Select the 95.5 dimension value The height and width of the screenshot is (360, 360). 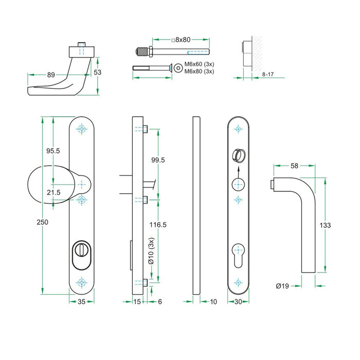pos(53,151)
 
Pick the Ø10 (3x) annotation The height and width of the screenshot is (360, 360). pos(151,252)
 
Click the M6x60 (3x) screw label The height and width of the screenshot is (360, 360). pos(199,63)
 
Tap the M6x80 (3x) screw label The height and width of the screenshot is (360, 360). pos(199,71)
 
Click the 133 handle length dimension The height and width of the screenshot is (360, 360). pos(325,225)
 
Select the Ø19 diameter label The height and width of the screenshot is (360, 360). pos(282,285)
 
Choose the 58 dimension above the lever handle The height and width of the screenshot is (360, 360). pos(294,166)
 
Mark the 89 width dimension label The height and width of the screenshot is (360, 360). pos(51,75)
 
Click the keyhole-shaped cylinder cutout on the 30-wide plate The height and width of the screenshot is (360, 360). pos(238,253)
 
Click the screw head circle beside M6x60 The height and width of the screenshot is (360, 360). pos(178,67)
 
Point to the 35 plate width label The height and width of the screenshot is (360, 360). pos(81,302)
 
